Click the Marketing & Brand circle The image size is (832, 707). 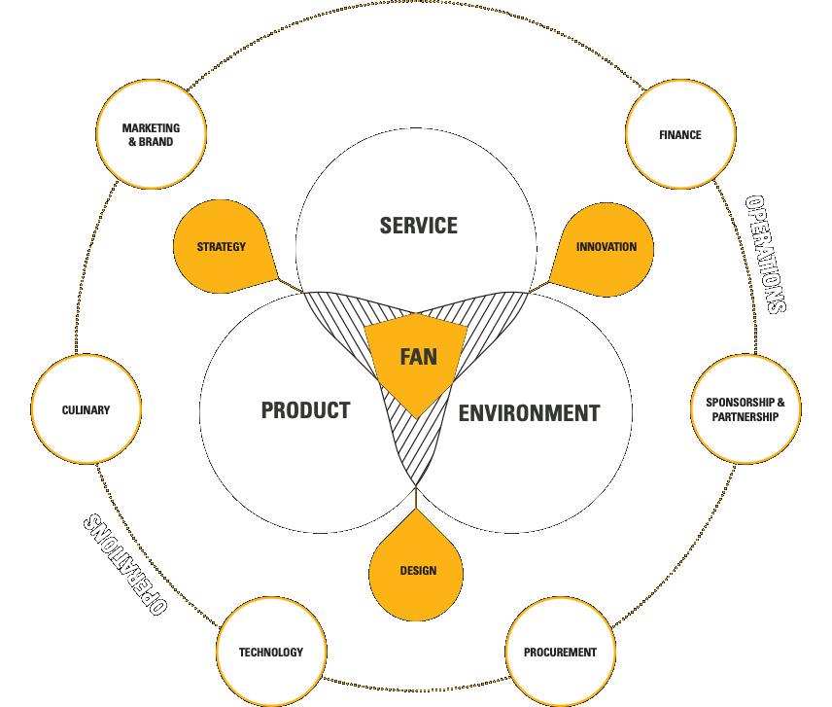click(x=150, y=135)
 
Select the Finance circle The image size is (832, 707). click(x=679, y=135)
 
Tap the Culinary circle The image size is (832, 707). click(x=86, y=410)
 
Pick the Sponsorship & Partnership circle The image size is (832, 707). click(x=745, y=409)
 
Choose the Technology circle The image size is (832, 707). click(x=271, y=652)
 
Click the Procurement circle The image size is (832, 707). click(x=560, y=652)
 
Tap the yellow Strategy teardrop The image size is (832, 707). click(x=222, y=247)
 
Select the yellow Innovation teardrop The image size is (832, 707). click(x=606, y=247)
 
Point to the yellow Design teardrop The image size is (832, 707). click(x=417, y=570)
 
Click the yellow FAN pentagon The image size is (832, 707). click(x=417, y=360)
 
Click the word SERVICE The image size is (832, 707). click(x=418, y=226)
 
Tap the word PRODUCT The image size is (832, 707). click(x=305, y=409)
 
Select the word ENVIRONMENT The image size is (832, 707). click(x=529, y=412)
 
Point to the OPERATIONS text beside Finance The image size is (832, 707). click(x=765, y=254)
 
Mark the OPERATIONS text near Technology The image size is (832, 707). click(x=123, y=565)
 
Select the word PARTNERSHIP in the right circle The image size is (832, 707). click(x=745, y=417)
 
